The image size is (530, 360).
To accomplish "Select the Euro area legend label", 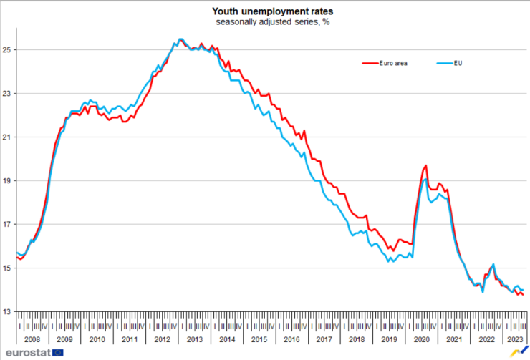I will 395,63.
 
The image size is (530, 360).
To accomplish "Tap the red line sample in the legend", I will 372,63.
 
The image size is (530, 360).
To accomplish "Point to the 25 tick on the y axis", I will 7,50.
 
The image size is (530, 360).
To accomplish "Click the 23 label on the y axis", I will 7,94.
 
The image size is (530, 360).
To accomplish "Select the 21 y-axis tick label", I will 7,137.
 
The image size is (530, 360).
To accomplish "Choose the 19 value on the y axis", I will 7,181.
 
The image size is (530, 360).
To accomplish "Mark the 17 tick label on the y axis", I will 7,225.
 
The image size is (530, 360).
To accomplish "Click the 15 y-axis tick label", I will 7,268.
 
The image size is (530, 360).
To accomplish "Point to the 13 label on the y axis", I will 7,312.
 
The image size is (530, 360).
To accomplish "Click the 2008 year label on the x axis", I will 32,339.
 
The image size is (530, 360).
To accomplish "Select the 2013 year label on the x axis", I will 194,339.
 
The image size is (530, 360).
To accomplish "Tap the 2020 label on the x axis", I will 421,339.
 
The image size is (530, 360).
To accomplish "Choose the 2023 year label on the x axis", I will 516,339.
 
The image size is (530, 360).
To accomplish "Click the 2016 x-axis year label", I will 291,339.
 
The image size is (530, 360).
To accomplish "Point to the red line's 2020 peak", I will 426,165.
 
